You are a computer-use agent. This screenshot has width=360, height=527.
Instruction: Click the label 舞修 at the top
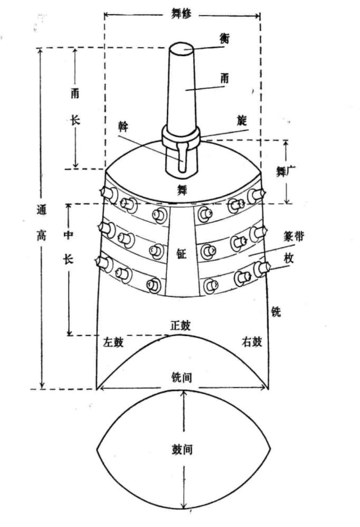click(x=181, y=14)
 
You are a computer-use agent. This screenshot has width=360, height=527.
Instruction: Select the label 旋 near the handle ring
click(x=241, y=120)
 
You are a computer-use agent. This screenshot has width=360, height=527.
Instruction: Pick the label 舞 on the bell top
click(x=181, y=190)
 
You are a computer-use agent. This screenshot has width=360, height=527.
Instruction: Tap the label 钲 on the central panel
click(x=181, y=254)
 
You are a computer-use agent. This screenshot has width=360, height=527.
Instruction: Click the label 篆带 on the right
click(x=294, y=237)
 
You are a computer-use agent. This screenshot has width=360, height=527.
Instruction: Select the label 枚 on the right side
click(x=289, y=258)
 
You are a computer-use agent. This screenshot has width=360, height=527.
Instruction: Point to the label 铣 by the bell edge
click(x=276, y=312)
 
